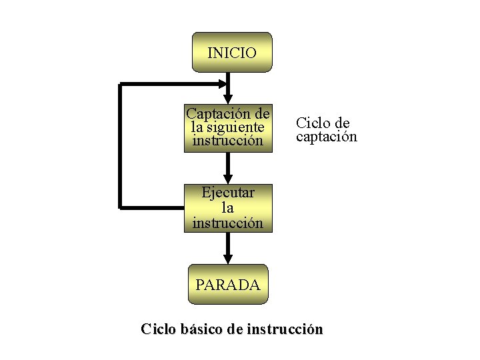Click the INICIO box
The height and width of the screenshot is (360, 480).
[231, 52]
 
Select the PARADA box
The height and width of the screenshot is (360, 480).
[228, 285]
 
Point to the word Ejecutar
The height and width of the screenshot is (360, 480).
[228, 193]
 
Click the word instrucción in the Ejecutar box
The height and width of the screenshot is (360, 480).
[228, 223]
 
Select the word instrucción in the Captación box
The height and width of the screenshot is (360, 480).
[228, 141]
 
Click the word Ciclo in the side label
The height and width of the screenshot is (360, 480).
[311, 123]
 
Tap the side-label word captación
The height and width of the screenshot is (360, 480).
[327, 137]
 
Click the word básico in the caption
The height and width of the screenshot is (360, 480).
[201, 329]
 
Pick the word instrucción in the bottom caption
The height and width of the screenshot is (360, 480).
[285, 329]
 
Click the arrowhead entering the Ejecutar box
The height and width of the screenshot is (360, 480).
[228, 178]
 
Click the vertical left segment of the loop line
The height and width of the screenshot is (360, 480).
[121, 147]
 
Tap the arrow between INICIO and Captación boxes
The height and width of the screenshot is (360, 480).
[228, 85]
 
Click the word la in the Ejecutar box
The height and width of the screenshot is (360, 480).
[228, 208]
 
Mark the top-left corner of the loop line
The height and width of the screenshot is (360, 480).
[121, 85]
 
